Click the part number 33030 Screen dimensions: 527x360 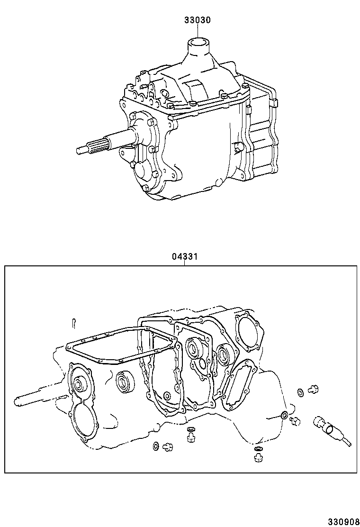coord(198,20)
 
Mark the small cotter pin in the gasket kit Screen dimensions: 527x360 coord(74,322)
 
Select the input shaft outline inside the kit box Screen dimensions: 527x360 coord(38,400)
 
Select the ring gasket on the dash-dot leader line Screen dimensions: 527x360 coord(283,416)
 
